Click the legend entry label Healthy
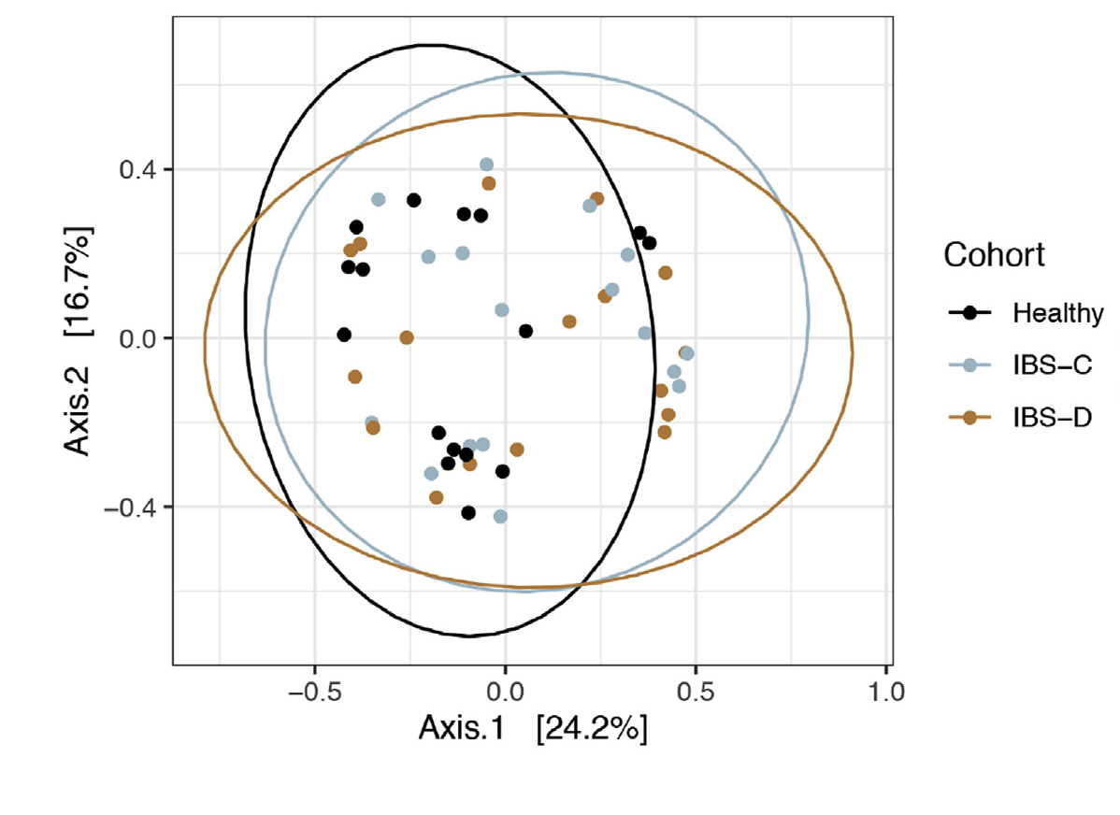[x=1057, y=313]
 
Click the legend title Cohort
[x=994, y=255]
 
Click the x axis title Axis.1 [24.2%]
[x=533, y=729]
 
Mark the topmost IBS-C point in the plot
[x=486, y=164]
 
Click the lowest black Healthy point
[x=468, y=512]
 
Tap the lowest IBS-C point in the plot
[x=500, y=516]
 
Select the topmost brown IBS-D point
[x=488, y=183]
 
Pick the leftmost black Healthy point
[x=344, y=335]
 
